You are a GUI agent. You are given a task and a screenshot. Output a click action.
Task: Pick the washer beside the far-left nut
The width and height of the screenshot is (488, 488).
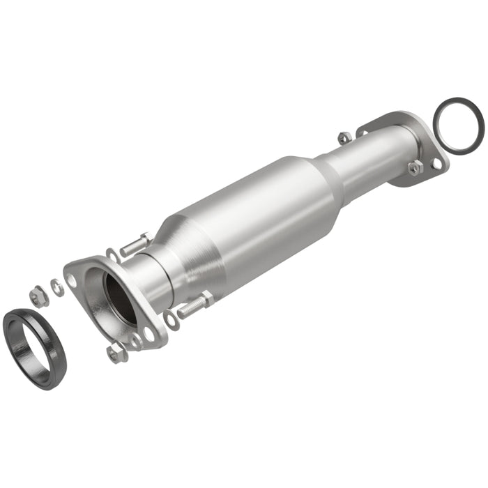(57, 287)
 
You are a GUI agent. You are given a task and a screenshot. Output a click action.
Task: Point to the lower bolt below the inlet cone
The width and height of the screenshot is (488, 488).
(195, 305)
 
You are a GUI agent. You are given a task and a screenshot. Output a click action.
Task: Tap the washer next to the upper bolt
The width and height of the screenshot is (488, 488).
(112, 255)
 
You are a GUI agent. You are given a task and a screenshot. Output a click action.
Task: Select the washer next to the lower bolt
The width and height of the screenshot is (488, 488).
(171, 320)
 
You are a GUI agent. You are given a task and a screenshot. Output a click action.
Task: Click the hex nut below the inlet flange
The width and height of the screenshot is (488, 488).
(116, 353)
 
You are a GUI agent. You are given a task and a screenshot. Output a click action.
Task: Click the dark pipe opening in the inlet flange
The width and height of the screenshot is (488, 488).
(119, 296)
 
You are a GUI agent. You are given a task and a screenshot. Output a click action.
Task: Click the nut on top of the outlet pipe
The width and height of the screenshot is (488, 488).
(344, 137)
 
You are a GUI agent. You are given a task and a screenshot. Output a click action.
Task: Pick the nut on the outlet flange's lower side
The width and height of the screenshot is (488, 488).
(415, 167)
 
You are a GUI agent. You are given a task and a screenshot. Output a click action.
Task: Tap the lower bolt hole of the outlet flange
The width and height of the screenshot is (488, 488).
(436, 163)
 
